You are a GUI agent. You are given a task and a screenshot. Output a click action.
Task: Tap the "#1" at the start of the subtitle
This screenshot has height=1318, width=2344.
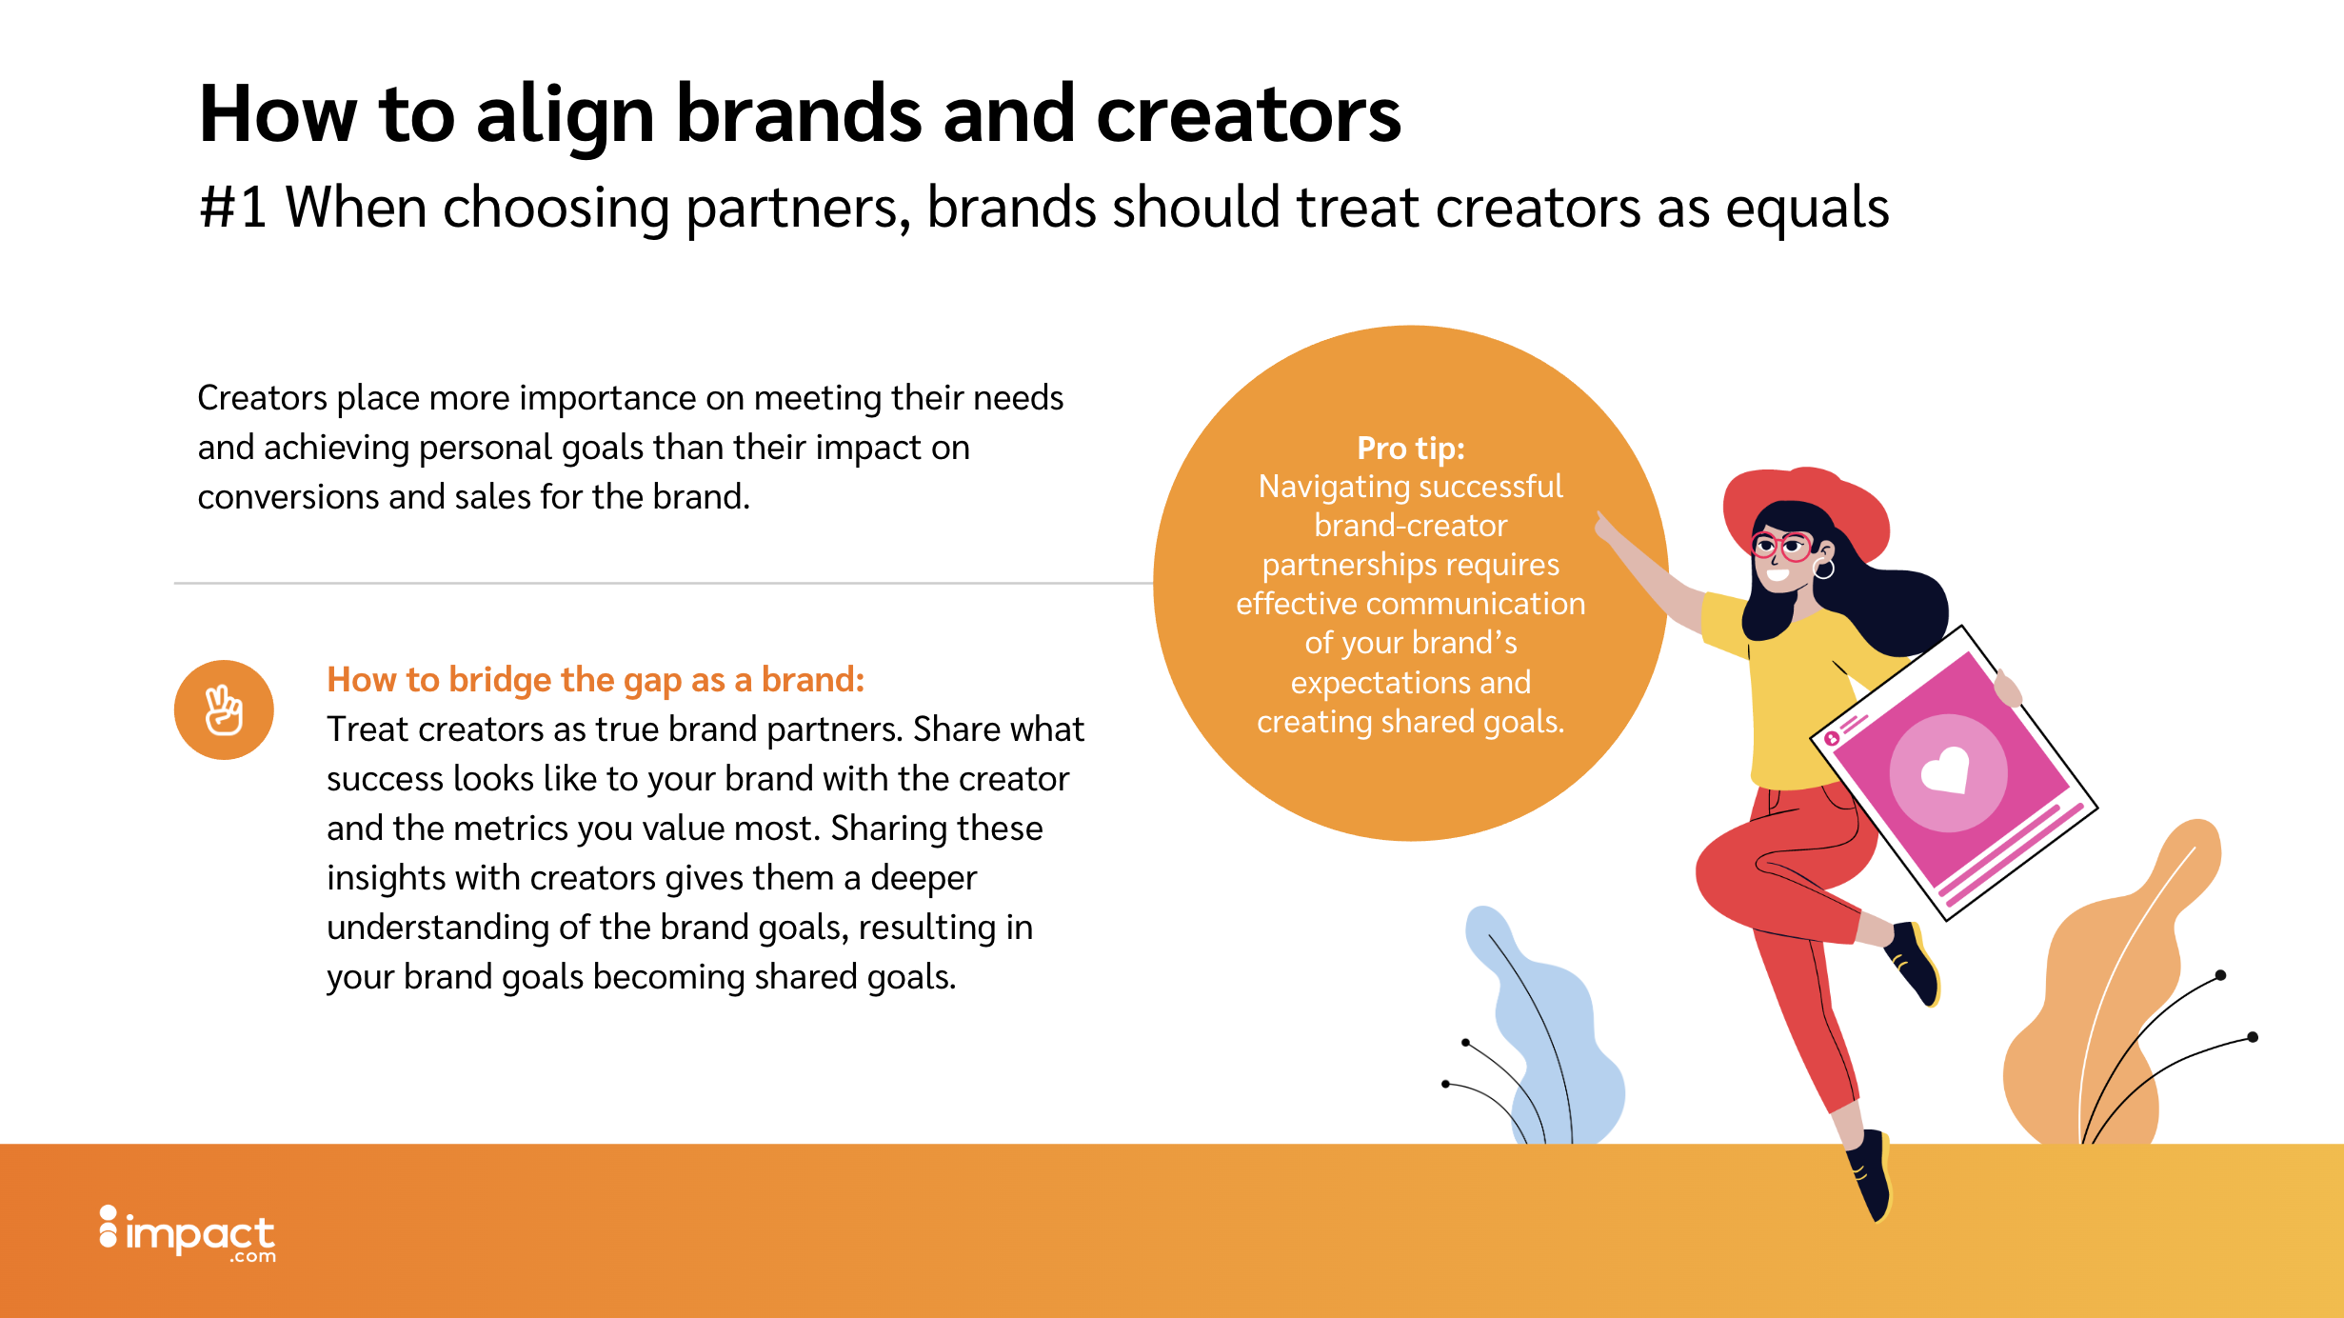point(233,208)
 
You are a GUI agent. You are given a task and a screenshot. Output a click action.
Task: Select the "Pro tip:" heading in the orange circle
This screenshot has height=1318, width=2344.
point(1411,448)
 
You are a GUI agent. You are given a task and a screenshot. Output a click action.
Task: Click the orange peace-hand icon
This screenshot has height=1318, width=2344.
point(224,709)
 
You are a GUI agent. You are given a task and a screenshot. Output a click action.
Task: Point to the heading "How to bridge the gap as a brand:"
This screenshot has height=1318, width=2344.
point(596,680)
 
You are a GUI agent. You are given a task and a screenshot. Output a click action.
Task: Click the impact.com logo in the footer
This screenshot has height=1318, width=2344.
point(188,1234)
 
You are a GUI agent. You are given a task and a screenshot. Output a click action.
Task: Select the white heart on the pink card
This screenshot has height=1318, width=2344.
point(1946,769)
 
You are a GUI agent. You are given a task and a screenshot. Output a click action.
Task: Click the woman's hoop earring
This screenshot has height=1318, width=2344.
point(1824,569)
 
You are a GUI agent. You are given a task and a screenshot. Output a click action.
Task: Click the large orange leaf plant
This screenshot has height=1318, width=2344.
point(2123,990)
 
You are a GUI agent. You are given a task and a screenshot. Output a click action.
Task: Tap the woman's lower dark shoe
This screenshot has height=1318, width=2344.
point(1871,1175)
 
